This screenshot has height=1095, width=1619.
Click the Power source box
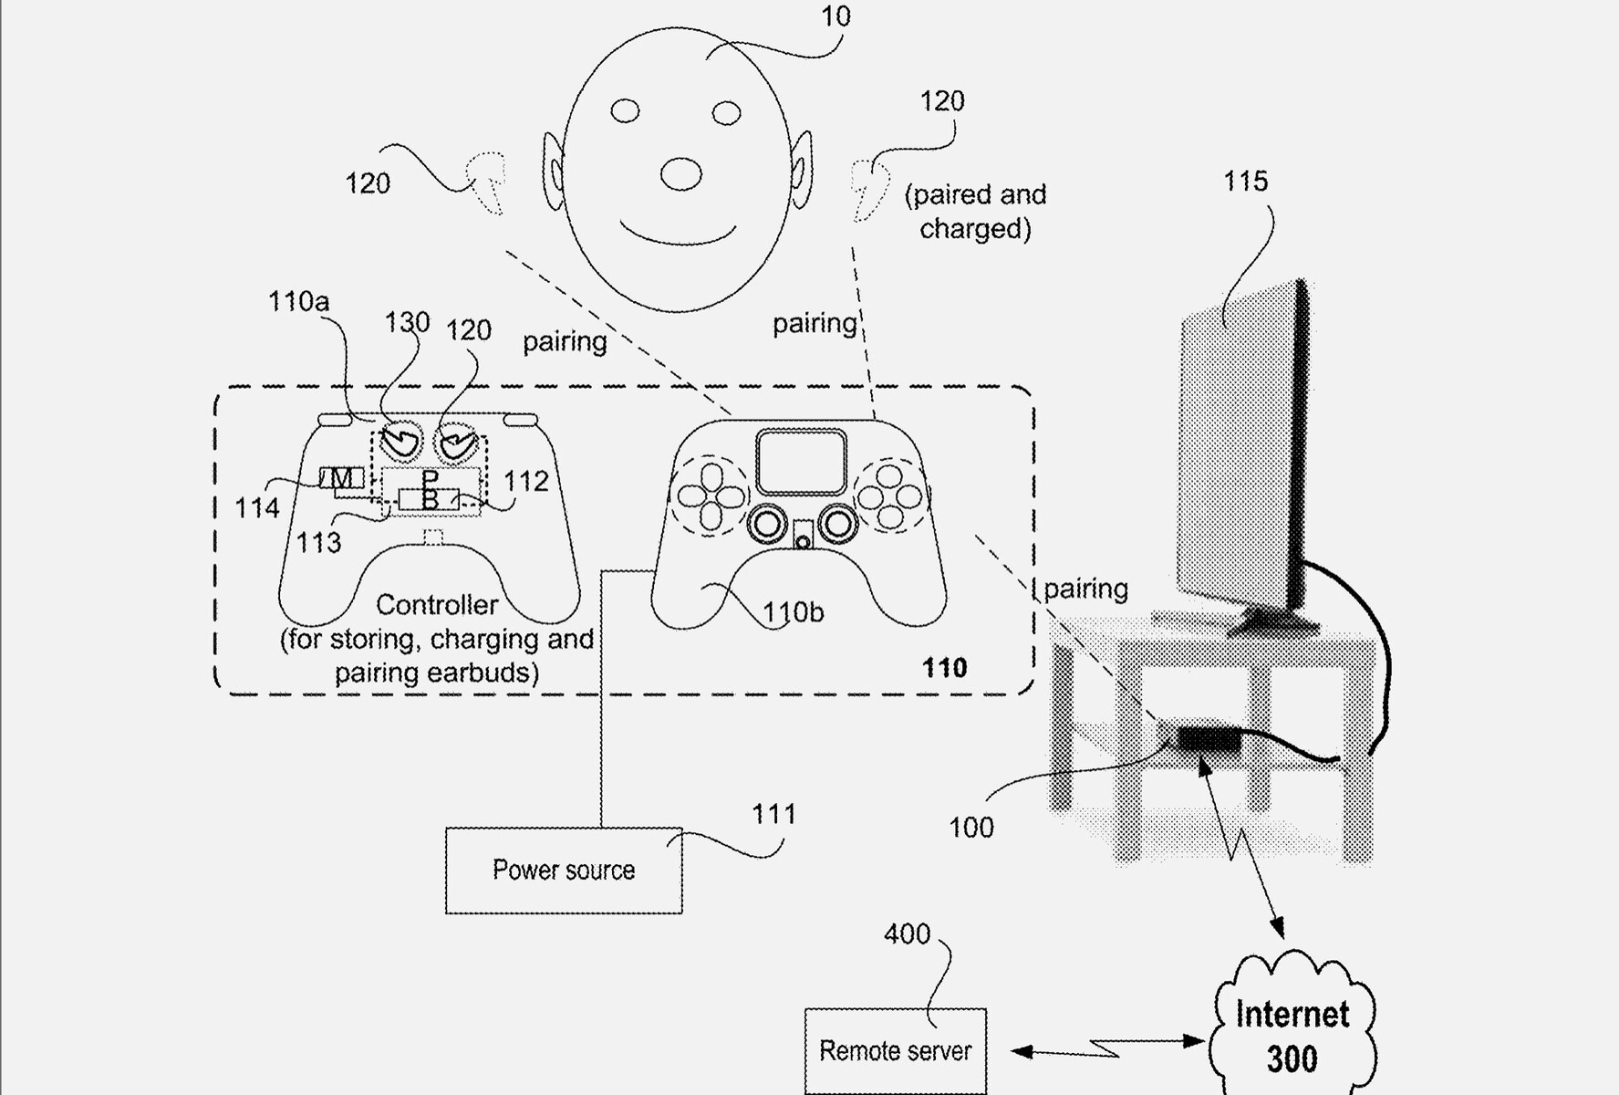(564, 871)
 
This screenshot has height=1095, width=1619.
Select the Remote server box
(896, 1050)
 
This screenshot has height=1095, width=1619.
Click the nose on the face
(680, 173)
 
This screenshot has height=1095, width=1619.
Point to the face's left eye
(625, 111)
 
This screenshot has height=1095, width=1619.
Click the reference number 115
(1245, 181)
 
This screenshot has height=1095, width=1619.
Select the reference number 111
(773, 813)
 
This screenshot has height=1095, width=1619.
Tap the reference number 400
(907, 933)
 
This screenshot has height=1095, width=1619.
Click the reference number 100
(970, 828)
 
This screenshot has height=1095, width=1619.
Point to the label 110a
(298, 301)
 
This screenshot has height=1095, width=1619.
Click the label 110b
(793, 612)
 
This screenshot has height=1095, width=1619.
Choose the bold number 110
(944, 668)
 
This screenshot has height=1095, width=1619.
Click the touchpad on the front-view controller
(801, 463)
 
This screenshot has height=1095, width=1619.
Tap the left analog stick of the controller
(767, 524)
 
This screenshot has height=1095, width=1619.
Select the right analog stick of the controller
(836, 524)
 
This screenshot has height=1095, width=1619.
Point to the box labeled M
(342, 477)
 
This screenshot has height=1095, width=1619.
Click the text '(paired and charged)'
(975, 212)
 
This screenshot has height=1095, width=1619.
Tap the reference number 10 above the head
(835, 16)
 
